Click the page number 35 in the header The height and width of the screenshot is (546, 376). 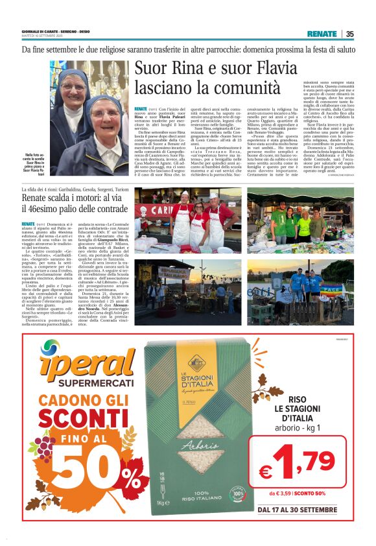click(350, 34)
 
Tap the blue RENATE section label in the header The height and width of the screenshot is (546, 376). click(322, 34)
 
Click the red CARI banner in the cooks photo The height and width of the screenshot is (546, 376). click(154, 211)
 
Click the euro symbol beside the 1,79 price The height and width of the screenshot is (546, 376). click(264, 471)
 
